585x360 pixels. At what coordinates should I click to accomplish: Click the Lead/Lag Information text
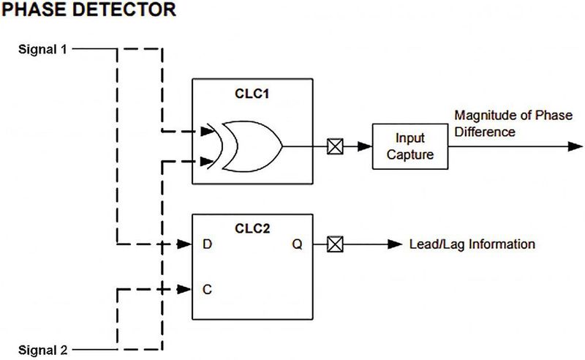tap(472, 244)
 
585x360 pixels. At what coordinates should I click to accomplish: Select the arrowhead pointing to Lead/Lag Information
tap(396, 244)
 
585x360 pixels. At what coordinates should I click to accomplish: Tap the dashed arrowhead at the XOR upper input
tap(208, 132)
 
